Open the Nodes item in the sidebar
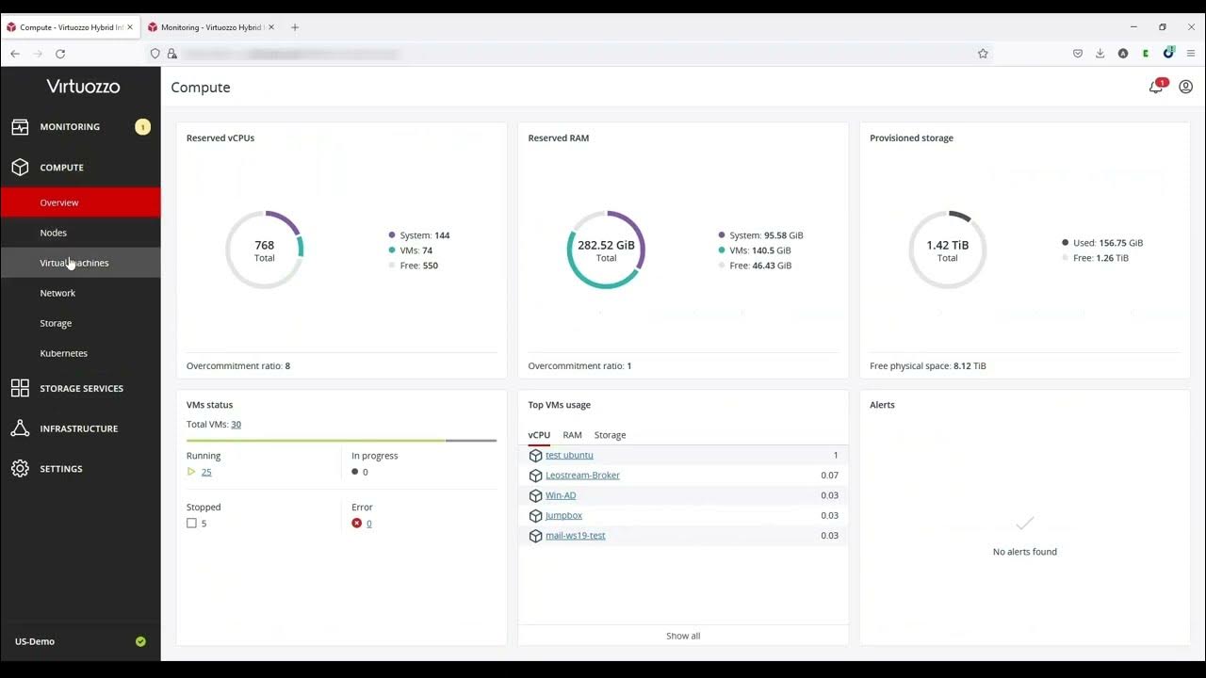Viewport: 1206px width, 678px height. [x=54, y=233]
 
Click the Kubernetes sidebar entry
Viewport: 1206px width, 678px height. [x=63, y=353]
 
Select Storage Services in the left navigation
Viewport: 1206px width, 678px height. [x=81, y=388]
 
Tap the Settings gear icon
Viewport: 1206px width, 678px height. [x=20, y=468]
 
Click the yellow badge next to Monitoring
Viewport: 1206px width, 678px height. [x=142, y=127]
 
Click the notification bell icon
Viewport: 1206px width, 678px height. [x=1155, y=87]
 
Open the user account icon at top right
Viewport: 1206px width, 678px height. [x=1185, y=87]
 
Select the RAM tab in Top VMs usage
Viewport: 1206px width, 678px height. [x=572, y=435]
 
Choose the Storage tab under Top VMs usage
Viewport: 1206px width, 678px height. [x=610, y=435]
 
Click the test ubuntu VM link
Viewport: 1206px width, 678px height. [x=569, y=456]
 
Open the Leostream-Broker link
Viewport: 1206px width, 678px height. [x=582, y=476]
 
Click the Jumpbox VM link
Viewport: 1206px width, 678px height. [x=563, y=516]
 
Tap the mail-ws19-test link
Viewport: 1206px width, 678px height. [x=575, y=536]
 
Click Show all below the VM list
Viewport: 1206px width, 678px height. [x=683, y=636]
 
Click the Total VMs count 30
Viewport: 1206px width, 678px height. [x=236, y=425]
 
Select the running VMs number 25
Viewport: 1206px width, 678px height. [x=206, y=472]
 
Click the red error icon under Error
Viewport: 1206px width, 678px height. [x=357, y=524]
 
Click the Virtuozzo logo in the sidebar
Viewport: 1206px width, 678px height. [x=83, y=87]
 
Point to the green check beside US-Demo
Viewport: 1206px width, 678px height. [x=140, y=641]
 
